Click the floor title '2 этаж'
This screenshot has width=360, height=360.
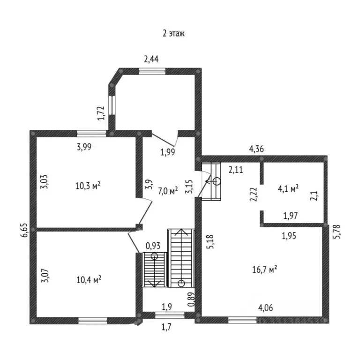(173, 34)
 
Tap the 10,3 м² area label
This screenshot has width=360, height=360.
(88, 186)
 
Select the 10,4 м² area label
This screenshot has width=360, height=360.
(89, 280)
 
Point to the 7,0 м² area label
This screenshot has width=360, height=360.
(168, 191)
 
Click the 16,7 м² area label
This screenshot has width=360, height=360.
(264, 269)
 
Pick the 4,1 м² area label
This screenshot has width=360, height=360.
(288, 188)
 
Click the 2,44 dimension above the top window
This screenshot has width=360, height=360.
(151, 59)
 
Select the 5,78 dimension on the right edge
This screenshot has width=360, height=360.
(337, 232)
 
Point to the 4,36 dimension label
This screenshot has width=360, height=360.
(256, 149)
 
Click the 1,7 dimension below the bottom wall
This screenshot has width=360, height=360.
(166, 327)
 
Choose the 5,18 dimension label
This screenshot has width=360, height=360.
(211, 241)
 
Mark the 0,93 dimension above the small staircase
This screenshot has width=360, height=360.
(153, 246)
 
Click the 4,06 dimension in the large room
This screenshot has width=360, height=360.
(266, 307)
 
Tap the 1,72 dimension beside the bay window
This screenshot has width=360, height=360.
(101, 113)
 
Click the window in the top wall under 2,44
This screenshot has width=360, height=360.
(152, 71)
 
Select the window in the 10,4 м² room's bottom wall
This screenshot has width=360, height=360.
(93, 321)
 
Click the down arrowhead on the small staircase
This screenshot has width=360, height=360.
(154, 284)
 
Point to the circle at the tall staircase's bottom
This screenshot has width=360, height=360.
(181, 284)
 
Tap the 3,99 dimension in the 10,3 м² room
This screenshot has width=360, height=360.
(84, 147)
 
